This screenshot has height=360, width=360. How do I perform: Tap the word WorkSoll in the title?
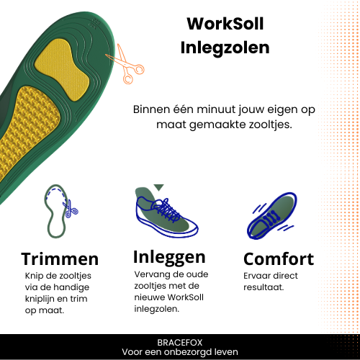point(225,24)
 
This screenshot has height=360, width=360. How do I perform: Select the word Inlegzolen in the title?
point(225,48)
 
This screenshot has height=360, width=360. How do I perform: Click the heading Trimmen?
point(60,259)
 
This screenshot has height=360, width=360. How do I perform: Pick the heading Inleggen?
point(169,258)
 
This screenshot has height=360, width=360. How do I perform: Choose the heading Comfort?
point(279,259)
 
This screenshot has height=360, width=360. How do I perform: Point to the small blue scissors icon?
point(70,209)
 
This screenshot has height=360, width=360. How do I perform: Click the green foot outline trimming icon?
point(55,211)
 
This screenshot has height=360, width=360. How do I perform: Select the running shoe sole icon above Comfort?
point(272,216)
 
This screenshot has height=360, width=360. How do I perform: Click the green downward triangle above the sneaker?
point(158,187)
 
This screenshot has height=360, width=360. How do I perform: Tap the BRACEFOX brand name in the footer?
point(180,343)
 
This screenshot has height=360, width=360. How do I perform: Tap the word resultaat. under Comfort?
point(264,287)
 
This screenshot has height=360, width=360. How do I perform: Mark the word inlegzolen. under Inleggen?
point(156,309)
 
